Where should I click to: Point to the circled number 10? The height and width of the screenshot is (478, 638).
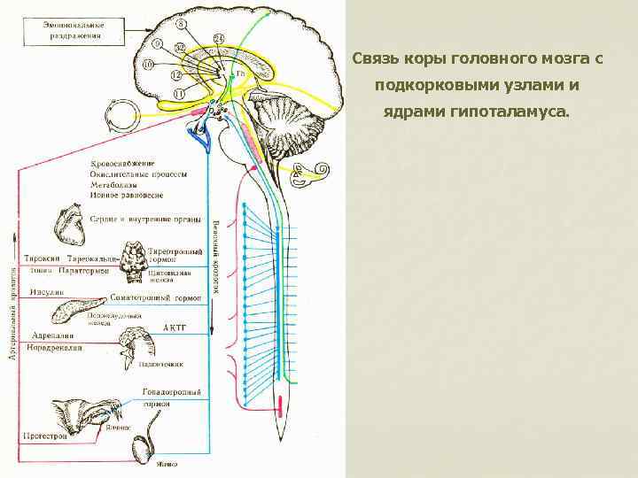pyautogui.click(x=148, y=65)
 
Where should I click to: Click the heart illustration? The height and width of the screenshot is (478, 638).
pyautogui.click(x=68, y=226)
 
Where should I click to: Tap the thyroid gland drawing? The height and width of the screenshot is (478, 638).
pyautogui.click(x=136, y=258)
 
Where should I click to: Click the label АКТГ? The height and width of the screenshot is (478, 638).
pyautogui.click(x=174, y=327)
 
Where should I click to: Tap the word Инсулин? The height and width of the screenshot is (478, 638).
pyautogui.click(x=44, y=293)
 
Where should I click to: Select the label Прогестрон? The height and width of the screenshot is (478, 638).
pyautogui.click(x=46, y=437)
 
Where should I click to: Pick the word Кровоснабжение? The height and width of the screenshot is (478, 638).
pyautogui.click(x=122, y=164)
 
